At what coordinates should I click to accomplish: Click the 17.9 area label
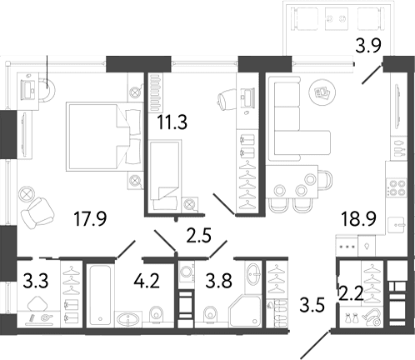tap(90, 218)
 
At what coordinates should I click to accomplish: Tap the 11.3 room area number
tap(172, 122)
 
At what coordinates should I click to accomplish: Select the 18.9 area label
tap(359, 218)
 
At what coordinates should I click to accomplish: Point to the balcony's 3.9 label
tap(368, 46)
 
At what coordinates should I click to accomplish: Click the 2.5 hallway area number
tap(199, 236)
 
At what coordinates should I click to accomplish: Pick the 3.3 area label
tap(36, 281)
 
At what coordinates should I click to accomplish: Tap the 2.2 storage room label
tap(352, 294)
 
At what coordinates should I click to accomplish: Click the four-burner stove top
tap(396, 187)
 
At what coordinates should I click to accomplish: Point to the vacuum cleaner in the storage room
tap(372, 318)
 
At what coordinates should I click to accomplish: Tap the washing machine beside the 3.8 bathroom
tap(187, 272)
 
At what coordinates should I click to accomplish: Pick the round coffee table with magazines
tap(322, 92)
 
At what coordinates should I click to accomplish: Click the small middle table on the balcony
tap(337, 18)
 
